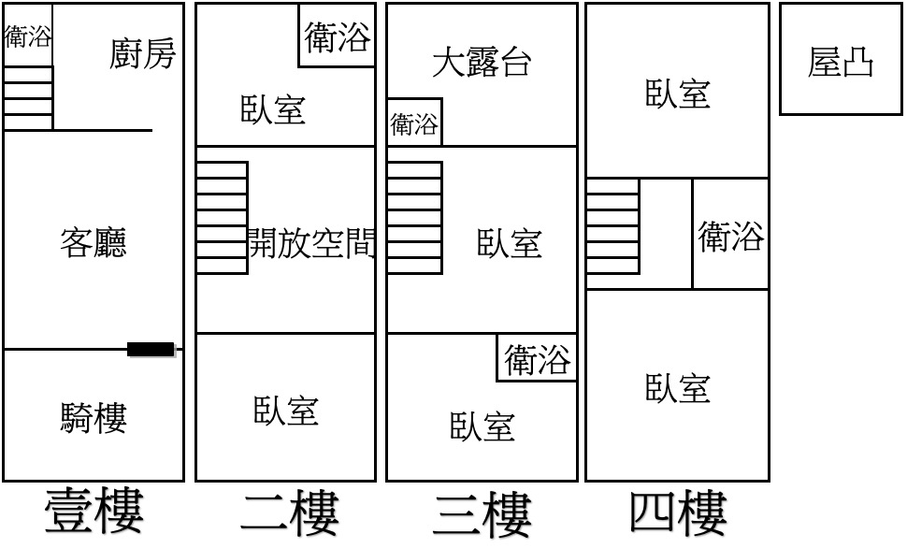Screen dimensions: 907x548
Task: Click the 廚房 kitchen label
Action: [142, 54]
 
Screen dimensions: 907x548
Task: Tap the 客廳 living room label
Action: [94, 242]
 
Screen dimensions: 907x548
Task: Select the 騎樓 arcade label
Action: [94, 418]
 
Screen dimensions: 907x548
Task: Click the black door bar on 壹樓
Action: [151, 350]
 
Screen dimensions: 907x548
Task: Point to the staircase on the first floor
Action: [28, 98]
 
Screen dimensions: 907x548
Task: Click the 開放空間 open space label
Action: [311, 242]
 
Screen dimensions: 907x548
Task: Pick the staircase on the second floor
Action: [223, 218]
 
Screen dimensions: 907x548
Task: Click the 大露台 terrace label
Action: [482, 62]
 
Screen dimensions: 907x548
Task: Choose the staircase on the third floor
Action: [415, 218]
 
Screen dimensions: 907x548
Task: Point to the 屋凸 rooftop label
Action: [841, 62]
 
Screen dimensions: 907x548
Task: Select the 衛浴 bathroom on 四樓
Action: [730, 236]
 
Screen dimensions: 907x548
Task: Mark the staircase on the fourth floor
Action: [612, 226]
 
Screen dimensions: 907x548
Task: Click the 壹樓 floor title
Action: [94, 511]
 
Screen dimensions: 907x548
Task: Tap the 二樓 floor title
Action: [289, 513]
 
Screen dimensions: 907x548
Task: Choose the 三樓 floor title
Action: [482, 513]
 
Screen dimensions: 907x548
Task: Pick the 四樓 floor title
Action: [678, 512]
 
